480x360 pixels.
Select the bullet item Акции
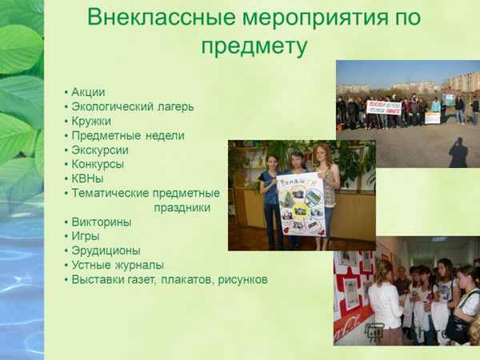[x=88, y=92]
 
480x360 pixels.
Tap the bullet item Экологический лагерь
[x=132, y=106]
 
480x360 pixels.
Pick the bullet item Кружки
[x=91, y=121]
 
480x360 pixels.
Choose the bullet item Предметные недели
[x=128, y=135]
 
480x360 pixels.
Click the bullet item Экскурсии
[x=100, y=150]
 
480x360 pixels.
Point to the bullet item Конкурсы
[x=98, y=164]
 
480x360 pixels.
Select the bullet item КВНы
[x=88, y=178]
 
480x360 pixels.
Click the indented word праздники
[x=182, y=207]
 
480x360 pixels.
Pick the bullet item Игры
[x=86, y=236]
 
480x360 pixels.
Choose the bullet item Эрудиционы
[x=106, y=250]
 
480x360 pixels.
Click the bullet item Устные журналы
[x=118, y=265]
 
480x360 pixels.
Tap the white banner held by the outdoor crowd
[x=384, y=107]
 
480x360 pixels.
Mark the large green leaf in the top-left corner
[x=18, y=48]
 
